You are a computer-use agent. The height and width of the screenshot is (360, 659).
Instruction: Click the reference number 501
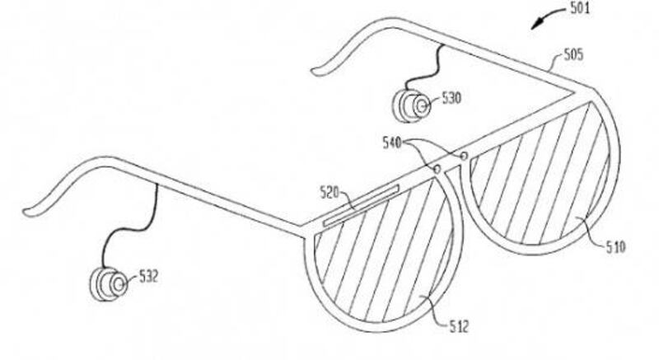pos(580,8)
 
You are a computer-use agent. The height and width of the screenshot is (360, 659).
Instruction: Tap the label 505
pos(573,54)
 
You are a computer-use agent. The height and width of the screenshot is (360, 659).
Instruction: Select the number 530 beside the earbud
pos(451,98)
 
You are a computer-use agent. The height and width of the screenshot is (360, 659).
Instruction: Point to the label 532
pos(148,277)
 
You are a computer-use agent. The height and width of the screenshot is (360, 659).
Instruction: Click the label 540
pos(392,143)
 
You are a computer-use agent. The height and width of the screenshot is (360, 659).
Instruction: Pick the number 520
pos(329,193)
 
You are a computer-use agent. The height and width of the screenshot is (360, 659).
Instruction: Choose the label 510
pos(615,246)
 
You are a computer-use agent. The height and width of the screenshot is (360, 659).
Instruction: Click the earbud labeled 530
pos(411,105)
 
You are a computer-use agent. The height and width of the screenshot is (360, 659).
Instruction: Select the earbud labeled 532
pos(109,284)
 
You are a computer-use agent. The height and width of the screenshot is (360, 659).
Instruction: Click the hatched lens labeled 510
pos(540,173)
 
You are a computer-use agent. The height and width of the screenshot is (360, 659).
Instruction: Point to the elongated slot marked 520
pos(361,206)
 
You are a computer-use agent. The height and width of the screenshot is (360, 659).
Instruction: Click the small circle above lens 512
pos(437,169)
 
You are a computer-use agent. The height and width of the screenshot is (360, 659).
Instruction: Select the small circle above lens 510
pos(464,156)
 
